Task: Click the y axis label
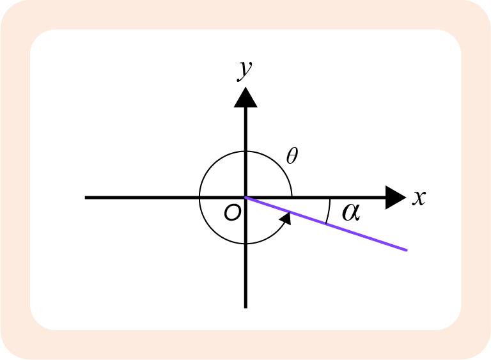[245, 70]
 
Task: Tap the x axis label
[419, 198]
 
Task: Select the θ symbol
[292, 155]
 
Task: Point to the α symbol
[351, 212]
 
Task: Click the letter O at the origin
[233, 212]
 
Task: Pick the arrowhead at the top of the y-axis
[245, 97]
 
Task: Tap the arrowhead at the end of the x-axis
[396, 198]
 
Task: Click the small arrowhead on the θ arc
[286, 219]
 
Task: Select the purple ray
[326, 224]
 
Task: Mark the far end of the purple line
[407, 250]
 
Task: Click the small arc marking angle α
[329, 211]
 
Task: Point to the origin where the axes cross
[245, 198]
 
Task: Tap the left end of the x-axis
[85, 198]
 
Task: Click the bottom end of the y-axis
[245, 308]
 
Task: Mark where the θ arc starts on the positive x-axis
[292, 196]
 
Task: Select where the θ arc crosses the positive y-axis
[245, 152]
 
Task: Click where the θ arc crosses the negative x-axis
[199, 198]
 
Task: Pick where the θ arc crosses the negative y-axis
[245, 244]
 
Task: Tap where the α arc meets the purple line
[325, 224]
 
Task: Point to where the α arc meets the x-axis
[330, 199]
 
